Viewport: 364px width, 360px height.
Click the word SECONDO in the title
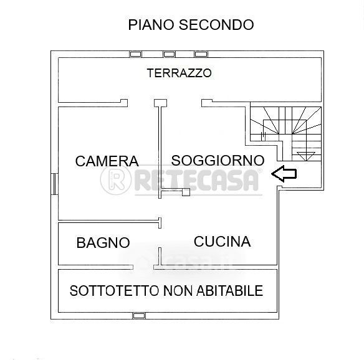point(216,25)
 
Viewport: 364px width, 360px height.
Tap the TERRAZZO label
point(180,73)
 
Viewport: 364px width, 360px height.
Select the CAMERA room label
point(107,161)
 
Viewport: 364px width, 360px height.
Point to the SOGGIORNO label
point(218,160)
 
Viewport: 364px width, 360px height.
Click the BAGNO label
point(103,243)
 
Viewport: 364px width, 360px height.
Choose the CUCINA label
point(222,242)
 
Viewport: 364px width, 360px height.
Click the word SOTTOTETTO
point(115,291)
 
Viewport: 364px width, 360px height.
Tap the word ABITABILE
point(229,291)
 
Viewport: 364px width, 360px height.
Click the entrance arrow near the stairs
point(284,174)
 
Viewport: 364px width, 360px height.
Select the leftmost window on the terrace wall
point(136,54)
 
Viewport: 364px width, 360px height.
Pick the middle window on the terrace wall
point(169,54)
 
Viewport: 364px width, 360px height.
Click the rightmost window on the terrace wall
point(201,54)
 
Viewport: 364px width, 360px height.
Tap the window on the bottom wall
point(139,315)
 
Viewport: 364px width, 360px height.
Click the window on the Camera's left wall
point(54,184)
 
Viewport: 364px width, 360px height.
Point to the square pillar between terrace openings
point(160,103)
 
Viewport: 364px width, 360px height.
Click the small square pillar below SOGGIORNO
point(186,192)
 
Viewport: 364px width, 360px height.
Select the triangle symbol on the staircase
point(306,156)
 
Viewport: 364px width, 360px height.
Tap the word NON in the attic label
point(178,291)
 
